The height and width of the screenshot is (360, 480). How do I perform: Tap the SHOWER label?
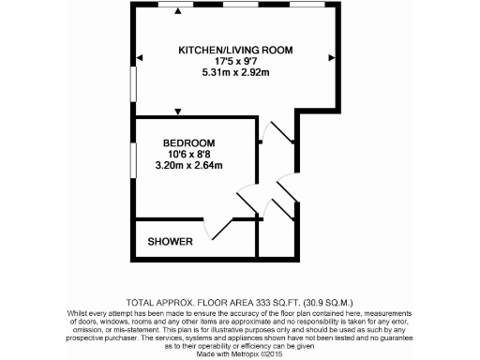coord(171,242)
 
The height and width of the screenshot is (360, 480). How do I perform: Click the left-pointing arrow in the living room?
coord(140,59)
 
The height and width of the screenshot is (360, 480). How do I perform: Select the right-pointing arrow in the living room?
coord(329,59)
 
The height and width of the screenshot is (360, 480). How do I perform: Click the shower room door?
coord(217,227)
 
